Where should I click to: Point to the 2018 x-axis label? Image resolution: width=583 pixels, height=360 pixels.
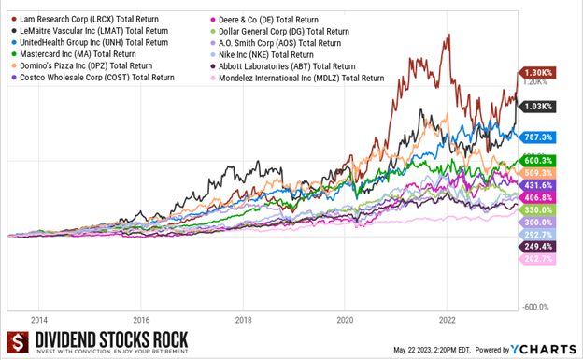click(x=243, y=318)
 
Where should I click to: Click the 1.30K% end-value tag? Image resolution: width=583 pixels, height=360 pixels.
click(x=539, y=72)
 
